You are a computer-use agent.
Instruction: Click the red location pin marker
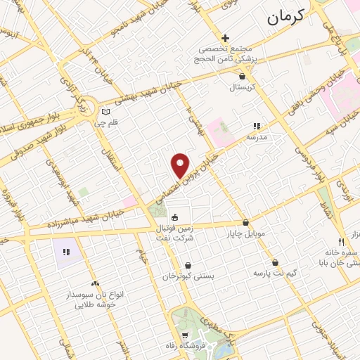pyautogui.click(x=181, y=165)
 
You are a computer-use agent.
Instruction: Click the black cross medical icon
pyautogui.click(x=225, y=38)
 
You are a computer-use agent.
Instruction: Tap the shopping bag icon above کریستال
pyautogui.click(x=243, y=76)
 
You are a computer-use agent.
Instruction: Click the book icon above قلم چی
pyautogui.click(x=105, y=112)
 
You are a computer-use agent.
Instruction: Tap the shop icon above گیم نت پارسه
pyautogui.click(x=276, y=261)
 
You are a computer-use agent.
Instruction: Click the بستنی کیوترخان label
pyautogui.click(x=187, y=276)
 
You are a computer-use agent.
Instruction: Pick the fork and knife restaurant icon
pyautogui.click(x=341, y=241)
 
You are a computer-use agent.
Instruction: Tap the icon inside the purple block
pyautogui.click(x=66, y=252)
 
